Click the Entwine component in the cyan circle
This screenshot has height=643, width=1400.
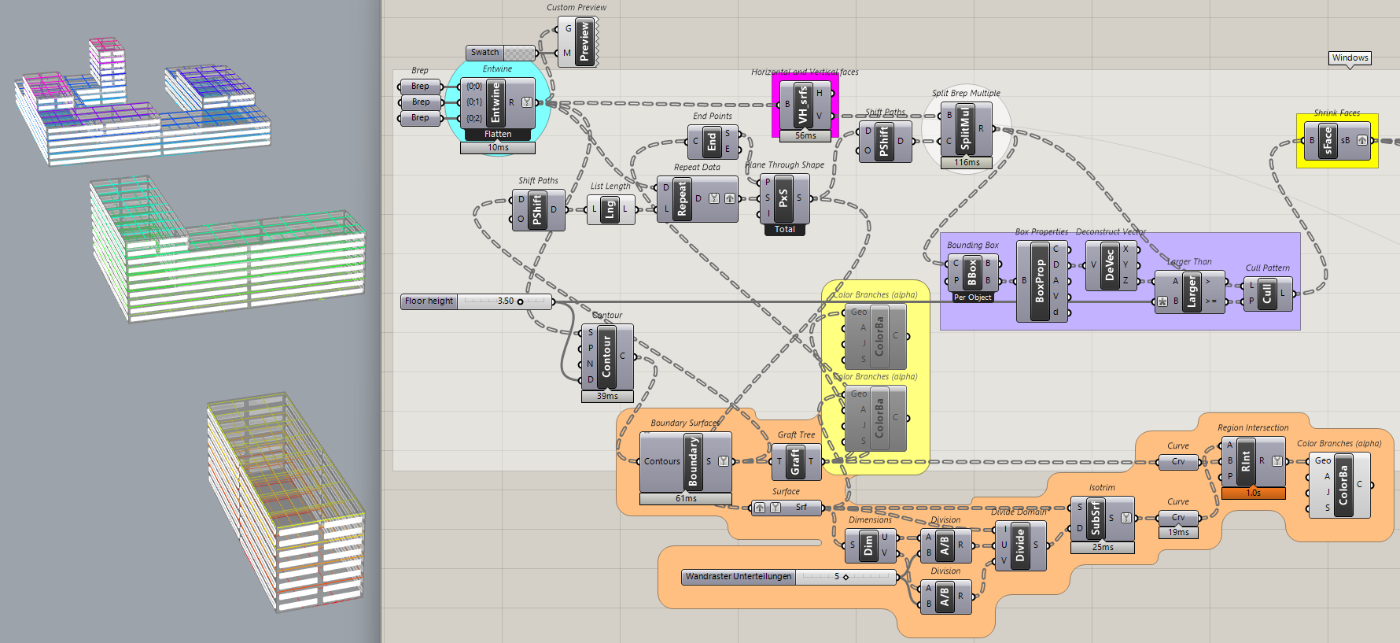click(496, 103)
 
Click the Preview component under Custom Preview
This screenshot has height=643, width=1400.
click(584, 42)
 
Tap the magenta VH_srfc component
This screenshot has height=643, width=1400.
click(803, 105)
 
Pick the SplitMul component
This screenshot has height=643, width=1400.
click(965, 129)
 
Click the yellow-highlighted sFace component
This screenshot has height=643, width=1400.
click(1328, 141)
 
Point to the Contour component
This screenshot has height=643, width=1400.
click(606, 357)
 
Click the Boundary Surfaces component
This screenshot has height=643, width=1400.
click(693, 462)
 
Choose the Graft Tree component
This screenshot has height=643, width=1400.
click(795, 462)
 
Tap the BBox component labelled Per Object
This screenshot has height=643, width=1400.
click(972, 272)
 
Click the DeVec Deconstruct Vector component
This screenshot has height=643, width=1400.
click(1109, 266)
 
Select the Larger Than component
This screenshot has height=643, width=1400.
click(1191, 291)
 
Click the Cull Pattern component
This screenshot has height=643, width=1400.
click(1266, 294)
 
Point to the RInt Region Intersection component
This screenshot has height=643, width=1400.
click(1245, 462)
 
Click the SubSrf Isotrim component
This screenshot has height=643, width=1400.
click(1096, 519)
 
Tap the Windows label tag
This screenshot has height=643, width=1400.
click(1350, 58)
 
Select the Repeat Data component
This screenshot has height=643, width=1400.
click(681, 199)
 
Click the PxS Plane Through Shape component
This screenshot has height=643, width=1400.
click(783, 198)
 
